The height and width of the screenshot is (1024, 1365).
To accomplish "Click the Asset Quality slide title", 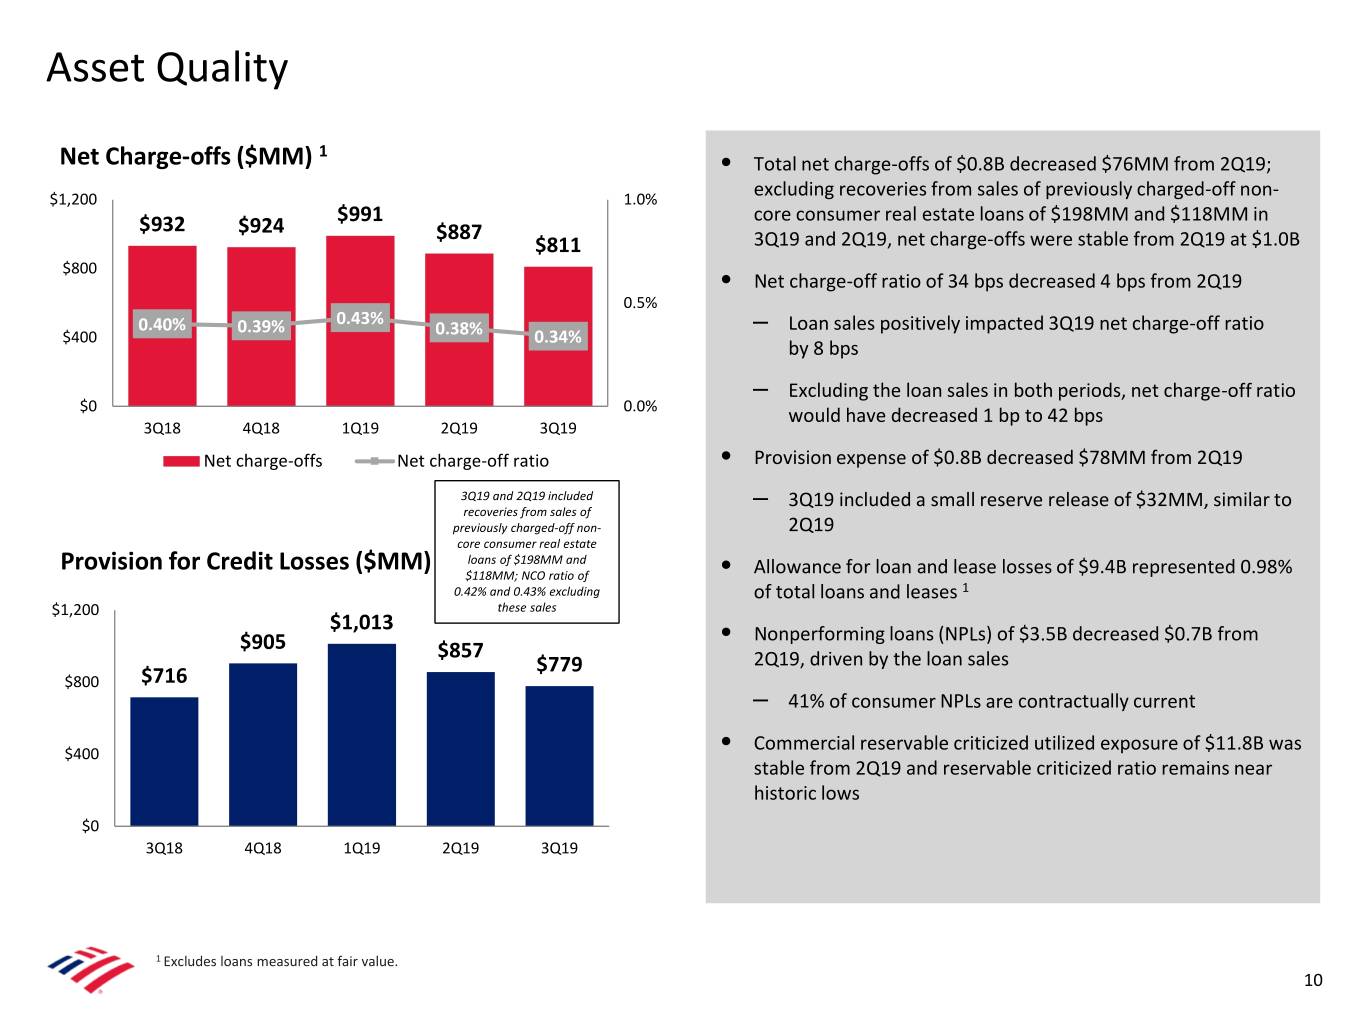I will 167,68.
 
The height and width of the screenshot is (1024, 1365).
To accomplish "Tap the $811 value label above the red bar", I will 558,245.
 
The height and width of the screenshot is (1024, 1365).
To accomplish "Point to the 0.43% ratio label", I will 360,318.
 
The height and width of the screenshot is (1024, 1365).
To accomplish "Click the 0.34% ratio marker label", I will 558,337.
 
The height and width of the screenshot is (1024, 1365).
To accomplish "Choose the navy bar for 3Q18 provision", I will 164,760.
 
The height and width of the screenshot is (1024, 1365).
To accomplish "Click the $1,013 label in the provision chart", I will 361,622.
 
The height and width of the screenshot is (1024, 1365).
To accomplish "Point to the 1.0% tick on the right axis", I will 640,199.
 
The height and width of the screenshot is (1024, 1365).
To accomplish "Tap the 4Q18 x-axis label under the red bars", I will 261,428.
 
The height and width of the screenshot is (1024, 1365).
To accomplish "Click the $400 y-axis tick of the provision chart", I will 82,754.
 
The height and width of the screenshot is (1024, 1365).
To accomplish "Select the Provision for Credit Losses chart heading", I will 245,561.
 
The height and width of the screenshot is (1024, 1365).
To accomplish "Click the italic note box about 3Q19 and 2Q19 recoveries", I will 527,551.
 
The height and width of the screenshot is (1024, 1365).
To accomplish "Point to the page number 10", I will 1313,980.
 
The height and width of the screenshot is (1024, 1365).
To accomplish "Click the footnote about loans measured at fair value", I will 278,962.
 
